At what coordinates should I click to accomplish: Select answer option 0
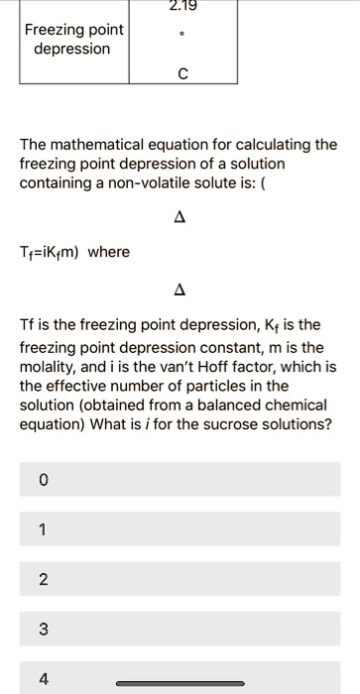tap(179, 479)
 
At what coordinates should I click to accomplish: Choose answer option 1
tap(179, 529)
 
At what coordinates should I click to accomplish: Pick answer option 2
tap(179, 579)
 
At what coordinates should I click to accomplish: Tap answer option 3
tap(179, 629)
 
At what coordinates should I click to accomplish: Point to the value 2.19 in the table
tap(183, 5)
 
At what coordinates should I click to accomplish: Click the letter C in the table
tap(183, 70)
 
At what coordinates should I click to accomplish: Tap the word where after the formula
tap(109, 252)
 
